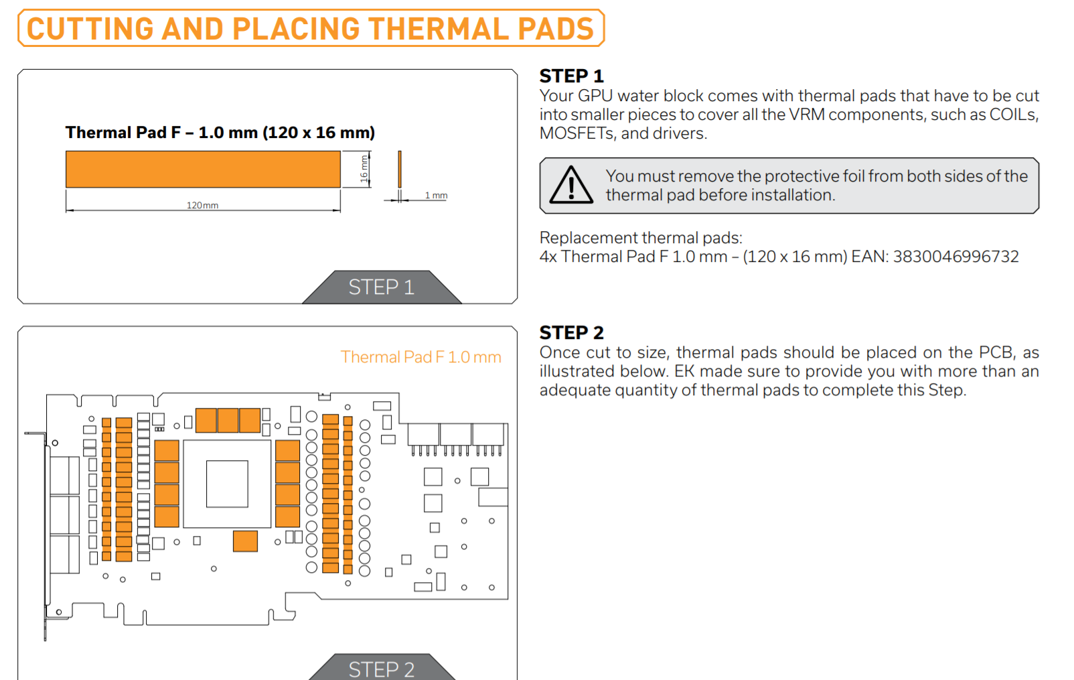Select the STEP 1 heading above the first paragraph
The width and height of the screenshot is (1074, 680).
click(571, 76)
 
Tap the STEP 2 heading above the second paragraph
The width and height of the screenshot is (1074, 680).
click(572, 332)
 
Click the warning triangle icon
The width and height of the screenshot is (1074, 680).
click(570, 185)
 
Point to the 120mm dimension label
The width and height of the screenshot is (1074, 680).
click(202, 206)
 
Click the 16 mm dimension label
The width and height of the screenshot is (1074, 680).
click(364, 169)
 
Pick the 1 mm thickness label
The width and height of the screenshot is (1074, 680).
click(436, 196)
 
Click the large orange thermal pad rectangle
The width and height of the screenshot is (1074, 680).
click(204, 169)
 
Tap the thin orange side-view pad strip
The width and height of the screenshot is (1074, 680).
click(399, 169)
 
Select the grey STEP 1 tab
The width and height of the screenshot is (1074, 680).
click(382, 287)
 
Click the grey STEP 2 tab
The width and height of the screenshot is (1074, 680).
click(382, 668)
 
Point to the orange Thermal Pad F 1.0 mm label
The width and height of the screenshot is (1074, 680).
click(421, 357)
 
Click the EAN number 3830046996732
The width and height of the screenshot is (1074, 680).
click(955, 257)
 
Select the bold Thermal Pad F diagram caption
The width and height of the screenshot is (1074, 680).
click(220, 133)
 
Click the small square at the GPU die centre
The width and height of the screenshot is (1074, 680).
click(227, 484)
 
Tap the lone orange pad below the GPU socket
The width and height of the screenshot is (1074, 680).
click(245, 541)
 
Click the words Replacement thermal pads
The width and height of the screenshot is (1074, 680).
click(641, 238)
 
